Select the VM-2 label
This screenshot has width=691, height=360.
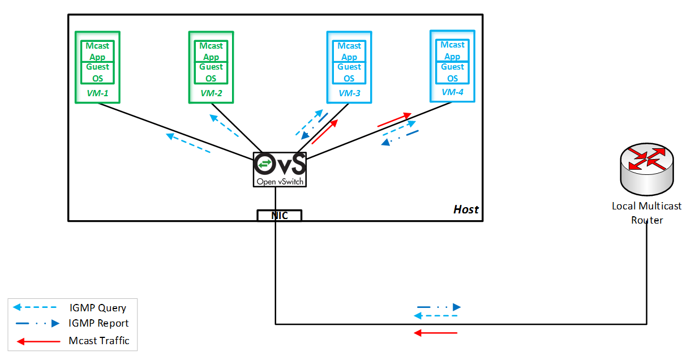211,93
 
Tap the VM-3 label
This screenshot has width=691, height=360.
349,93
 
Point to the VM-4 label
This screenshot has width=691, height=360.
452,92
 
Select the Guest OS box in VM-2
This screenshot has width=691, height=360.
211,72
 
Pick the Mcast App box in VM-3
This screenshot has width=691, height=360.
349,51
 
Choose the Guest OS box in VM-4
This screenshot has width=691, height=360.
452,72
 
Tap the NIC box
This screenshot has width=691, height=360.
280,216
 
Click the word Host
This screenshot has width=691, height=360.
466,209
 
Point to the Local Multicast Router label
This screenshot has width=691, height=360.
647,213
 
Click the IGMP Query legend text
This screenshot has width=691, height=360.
98,308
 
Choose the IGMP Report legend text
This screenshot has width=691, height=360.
99,323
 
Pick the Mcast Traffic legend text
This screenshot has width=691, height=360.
99,340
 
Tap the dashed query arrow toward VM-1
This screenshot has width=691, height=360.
188,143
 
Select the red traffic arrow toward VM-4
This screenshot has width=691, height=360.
394,119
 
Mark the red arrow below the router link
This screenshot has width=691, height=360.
436,333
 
